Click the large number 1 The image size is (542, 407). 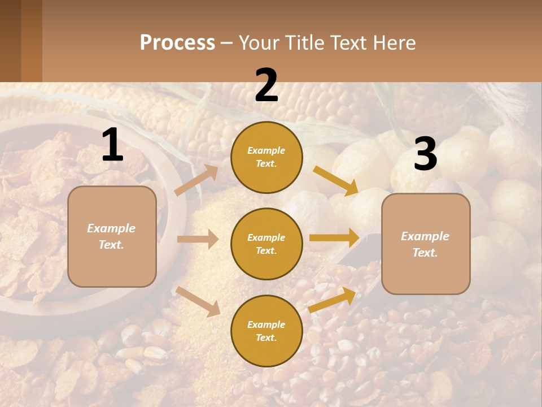pyautogui.click(x=112, y=145)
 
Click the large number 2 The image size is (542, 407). pyautogui.click(x=266, y=85)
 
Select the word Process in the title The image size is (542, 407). pyautogui.click(x=177, y=42)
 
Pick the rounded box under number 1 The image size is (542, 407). pyautogui.click(x=112, y=236)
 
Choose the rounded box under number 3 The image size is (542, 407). pyautogui.click(x=426, y=244)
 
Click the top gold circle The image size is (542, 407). pyautogui.click(x=266, y=157)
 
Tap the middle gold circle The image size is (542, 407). pyautogui.click(x=266, y=244)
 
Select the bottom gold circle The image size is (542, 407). pyautogui.click(x=266, y=331)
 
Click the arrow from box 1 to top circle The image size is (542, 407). pyautogui.click(x=196, y=180)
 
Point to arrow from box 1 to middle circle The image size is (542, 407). pyautogui.click(x=198, y=239)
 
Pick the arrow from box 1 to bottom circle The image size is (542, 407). pyautogui.click(x=198, y=301)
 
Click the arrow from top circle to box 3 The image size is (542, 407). pyautogui.click(x=336, y=180)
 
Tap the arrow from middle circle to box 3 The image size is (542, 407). pyautogui.click(x=334, y=237)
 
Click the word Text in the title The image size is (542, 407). pyautogui.click(x=348, y=42)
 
